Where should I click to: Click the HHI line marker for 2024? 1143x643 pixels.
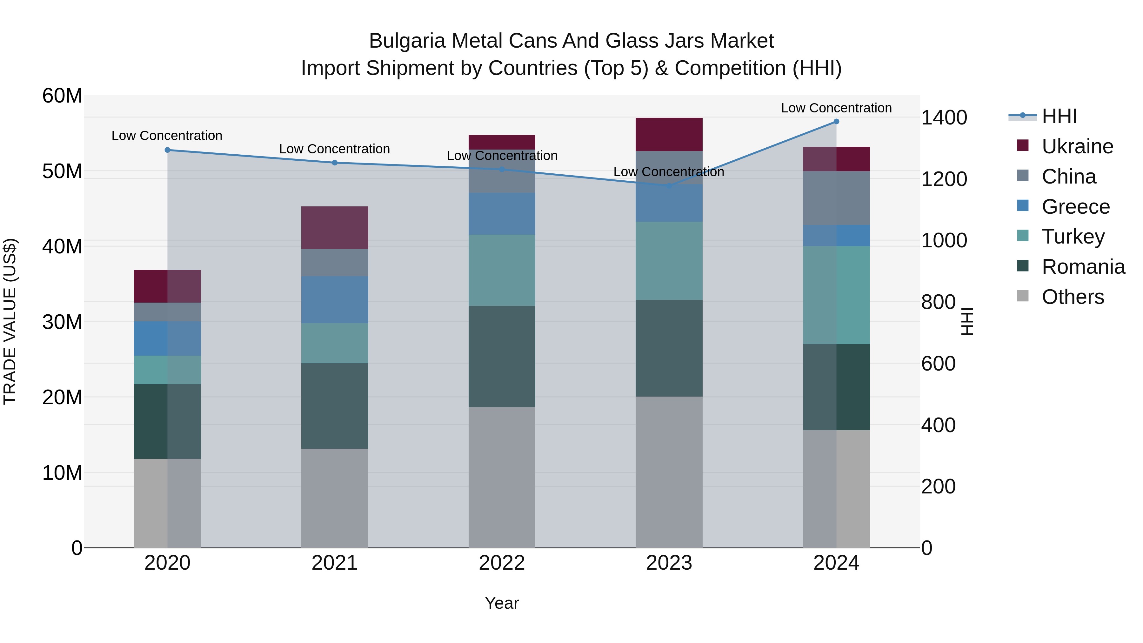836,122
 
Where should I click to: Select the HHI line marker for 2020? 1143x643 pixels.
167,150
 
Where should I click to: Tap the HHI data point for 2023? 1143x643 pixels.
669,185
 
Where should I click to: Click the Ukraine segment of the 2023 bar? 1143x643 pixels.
669,134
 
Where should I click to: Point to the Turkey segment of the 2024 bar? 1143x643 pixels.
836,295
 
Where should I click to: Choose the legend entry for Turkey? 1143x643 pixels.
1073,237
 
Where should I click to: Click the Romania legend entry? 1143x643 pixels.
1083,267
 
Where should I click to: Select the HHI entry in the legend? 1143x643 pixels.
1059,116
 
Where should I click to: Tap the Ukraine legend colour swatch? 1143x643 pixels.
1022,145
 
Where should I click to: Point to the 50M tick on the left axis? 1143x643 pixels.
62,171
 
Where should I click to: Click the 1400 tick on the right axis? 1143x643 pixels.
944,117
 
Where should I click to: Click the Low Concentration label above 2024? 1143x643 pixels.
836,108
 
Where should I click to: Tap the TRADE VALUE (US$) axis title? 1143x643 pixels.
10,321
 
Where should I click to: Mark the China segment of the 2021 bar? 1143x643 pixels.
335,263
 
